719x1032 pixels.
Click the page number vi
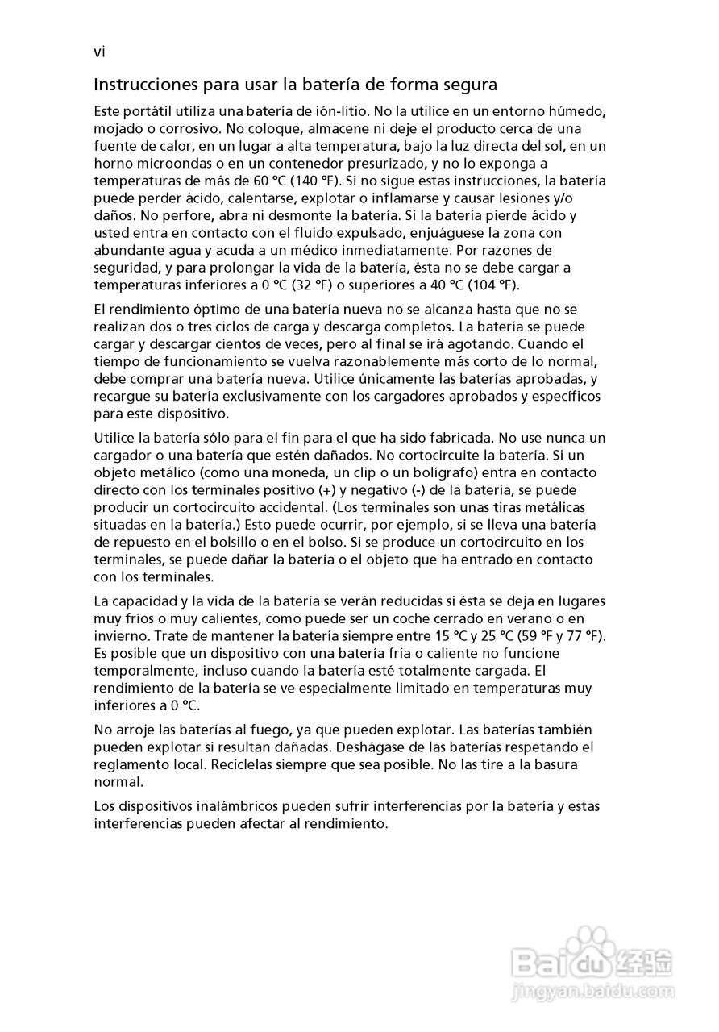(x=99, y=53)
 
